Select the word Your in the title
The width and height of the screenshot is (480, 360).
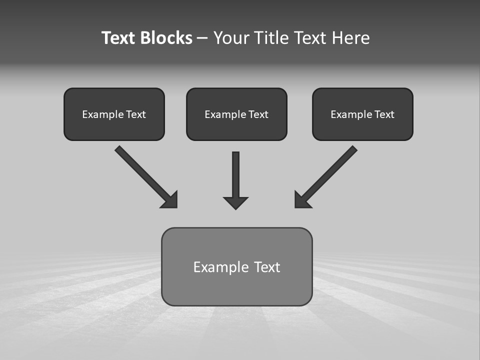pos(230,38)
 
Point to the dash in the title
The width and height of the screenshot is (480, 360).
pos(202,38)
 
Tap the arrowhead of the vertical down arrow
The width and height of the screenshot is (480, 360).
pos(235,202)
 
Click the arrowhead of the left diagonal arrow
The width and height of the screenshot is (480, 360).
pos(170,200)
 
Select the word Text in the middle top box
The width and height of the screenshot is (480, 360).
pos(258,114)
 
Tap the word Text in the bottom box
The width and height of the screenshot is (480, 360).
pos(267,267)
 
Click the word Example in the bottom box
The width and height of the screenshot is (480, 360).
pos(221,267)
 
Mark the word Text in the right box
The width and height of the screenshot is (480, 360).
pos(384,114)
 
